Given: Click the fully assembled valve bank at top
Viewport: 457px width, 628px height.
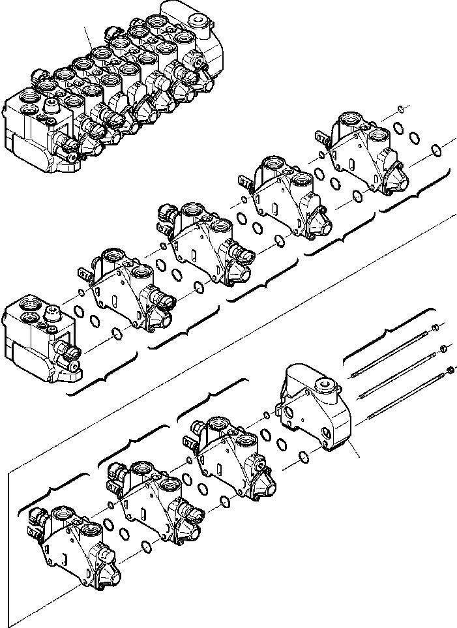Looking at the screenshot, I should pyautogui.click(x=117, y=91).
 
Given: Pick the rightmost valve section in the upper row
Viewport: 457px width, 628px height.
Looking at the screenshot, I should pyautogui.click(x=365, y=157).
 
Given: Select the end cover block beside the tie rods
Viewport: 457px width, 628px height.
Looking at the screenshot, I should pyautogui.click(x=316, y=411).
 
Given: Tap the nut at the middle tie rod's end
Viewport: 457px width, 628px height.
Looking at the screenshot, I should pyautogui.click(x=444, y=349).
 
